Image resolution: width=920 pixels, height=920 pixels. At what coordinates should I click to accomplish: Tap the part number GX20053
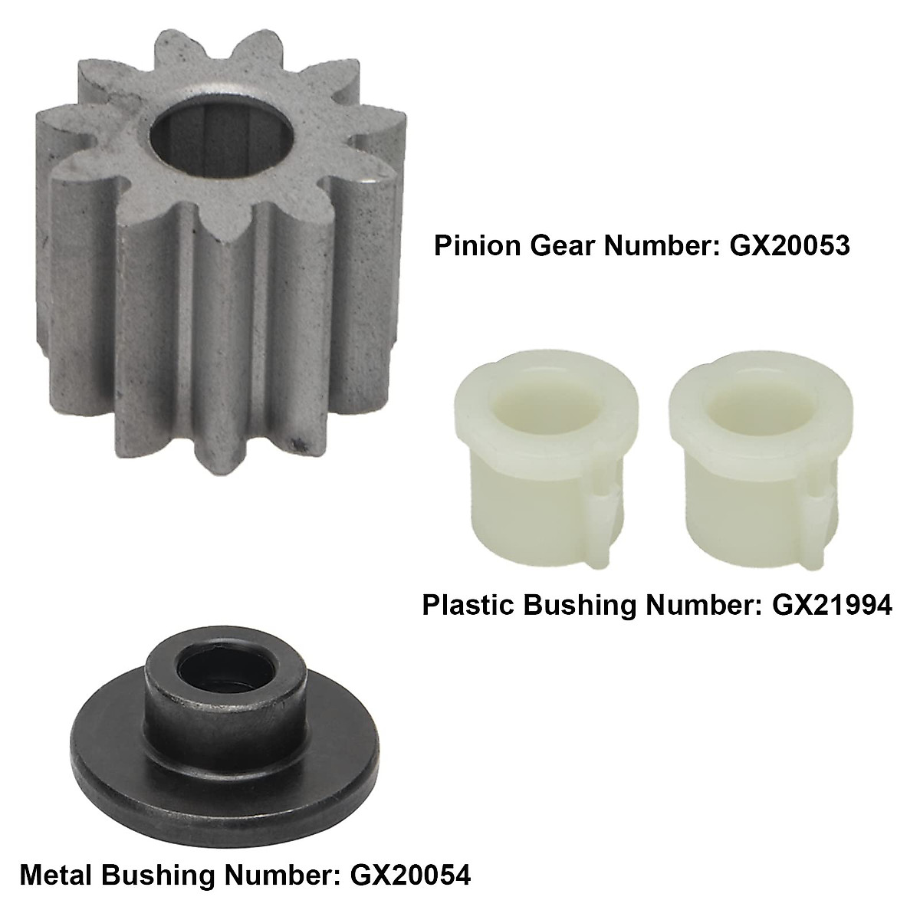coord(787,246)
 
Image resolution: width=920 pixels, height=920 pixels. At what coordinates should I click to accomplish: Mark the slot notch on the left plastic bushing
coord(606,510)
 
